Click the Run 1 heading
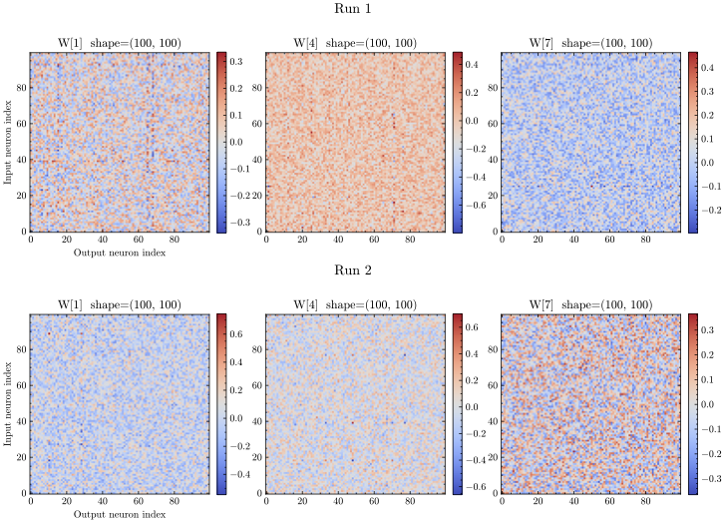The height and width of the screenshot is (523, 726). coord(362,9)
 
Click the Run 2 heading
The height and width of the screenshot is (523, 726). coord(362,270)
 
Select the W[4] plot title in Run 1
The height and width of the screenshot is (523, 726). coord(355,43)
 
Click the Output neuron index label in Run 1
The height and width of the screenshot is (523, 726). coord(119,253)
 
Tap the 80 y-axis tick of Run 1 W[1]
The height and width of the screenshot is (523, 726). coord(21,87)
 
